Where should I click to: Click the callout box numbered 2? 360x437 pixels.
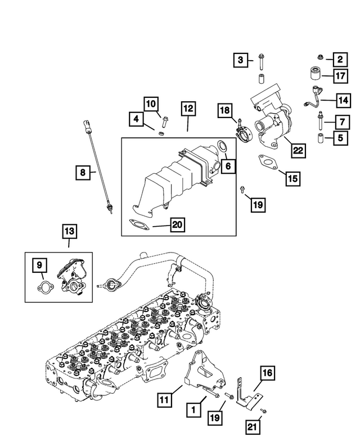pyautogui.click(x=339, y=59)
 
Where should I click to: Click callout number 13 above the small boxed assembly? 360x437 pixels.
pyautogui.click(x=69, y=231)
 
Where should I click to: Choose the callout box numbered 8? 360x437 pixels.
pyautogui.click(x=83, y=173)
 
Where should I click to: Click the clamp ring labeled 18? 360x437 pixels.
pyautogui.click(x=245, y=136)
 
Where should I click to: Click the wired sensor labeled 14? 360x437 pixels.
pyautogui.click(x=314, y=100)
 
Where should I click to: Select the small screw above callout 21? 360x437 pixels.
pyautogui.click(x=265, y=412)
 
